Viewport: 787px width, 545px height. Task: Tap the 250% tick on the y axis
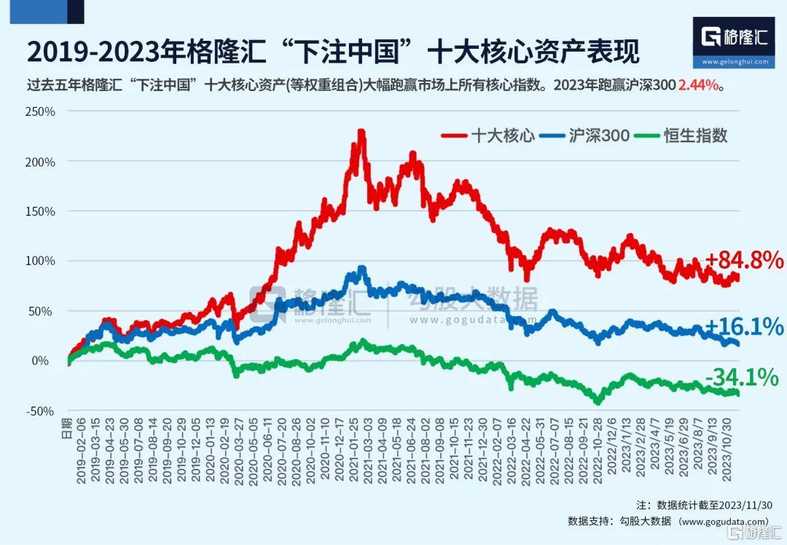pyautogui.click(x=41, y=111)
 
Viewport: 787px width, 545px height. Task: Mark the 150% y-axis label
pyautogui.click(x=41, y=211)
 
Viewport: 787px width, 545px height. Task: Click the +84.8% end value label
pyautogui.click(x=743, y=260)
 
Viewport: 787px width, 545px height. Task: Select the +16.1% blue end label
pyautogui.click(x=743, y=327)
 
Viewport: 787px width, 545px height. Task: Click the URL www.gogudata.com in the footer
pyautogui.click(x=722, y=521)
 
